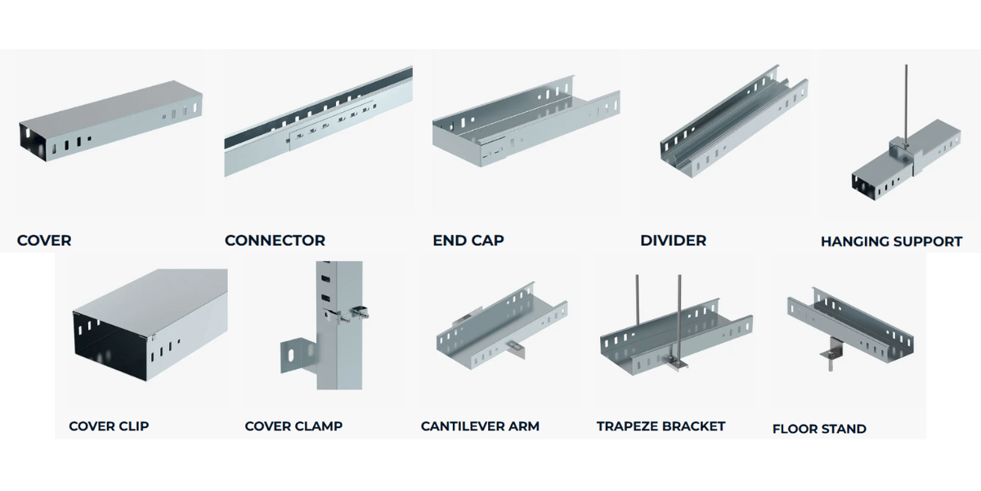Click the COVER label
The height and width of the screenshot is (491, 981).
44,241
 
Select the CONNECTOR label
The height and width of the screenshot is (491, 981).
275,241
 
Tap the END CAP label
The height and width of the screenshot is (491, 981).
468,241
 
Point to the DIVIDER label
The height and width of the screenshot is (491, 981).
673,241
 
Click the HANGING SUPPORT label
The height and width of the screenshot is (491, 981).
891,241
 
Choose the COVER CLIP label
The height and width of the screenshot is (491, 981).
109,426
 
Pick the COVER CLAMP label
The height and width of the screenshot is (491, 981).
293,426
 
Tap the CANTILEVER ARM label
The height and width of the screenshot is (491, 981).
480,426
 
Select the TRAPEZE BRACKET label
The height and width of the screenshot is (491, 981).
661,426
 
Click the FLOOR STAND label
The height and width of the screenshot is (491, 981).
819,429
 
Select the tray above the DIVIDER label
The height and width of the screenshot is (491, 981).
732,123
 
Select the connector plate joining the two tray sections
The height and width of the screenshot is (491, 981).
331,129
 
